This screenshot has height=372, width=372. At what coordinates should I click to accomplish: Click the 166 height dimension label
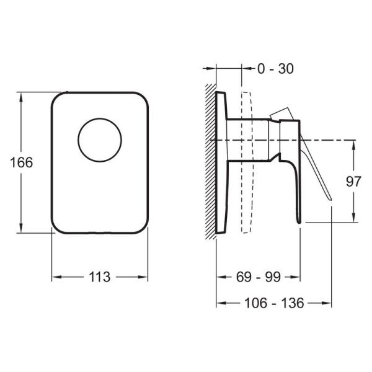click(x=21, y=162)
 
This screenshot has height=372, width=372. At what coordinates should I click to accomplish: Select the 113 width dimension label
click(x=100, y=277)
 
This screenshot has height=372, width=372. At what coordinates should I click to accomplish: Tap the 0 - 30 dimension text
click(x=276, y=69)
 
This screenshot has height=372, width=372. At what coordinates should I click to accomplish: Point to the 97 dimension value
click(x=353, y=182)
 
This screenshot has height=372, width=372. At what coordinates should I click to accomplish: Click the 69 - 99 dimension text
click(x=259, y=277)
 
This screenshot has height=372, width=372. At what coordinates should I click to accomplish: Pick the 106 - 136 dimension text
click(x=274, y=303)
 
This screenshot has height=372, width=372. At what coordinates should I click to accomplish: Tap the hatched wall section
click(x=211, y=162)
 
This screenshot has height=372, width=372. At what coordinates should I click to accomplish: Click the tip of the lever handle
click(x=330, y=200)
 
